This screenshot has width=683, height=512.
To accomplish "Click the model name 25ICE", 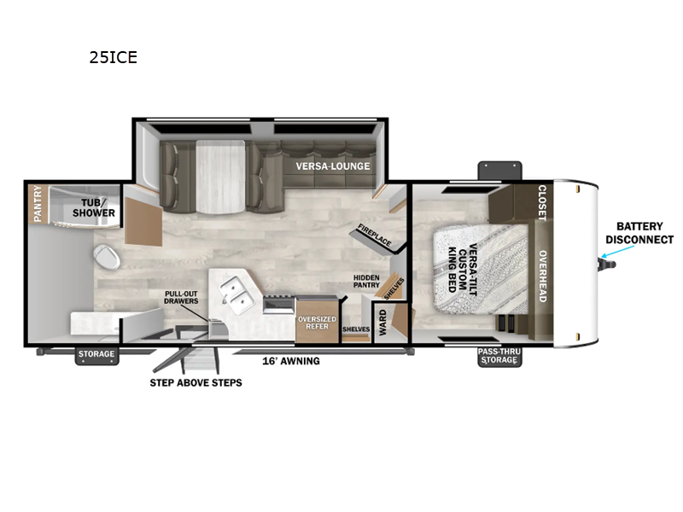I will [113, 58].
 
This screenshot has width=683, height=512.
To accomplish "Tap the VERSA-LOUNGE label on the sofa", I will [333, 166].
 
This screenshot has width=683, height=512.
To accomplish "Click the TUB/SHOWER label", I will [97, 207].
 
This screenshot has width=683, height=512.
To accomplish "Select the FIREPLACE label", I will [375, 236].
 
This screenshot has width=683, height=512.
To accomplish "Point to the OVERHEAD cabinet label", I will [541, 275].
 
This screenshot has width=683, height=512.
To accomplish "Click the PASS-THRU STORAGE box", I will [498, 355].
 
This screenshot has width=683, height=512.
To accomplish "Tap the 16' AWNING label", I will [290, 361].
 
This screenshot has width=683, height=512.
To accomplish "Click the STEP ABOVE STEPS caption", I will [196, 382].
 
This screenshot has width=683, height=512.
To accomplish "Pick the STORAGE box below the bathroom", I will [96, 354].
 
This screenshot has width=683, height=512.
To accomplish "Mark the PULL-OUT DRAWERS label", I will [181, 297].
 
